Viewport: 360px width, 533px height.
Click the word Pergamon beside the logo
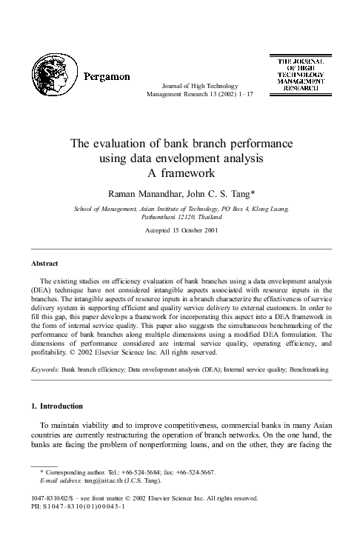[x=107, y=76]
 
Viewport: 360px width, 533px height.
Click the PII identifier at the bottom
[x=78, y=507]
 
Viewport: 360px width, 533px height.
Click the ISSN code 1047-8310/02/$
[x=56, y=499]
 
